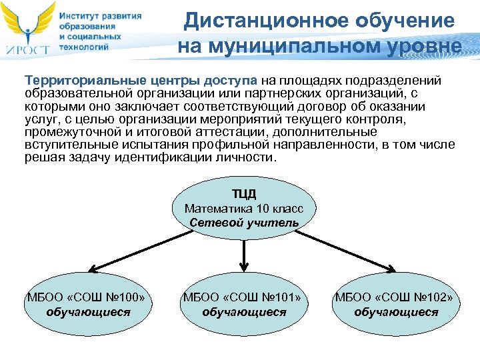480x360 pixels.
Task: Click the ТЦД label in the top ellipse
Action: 243,194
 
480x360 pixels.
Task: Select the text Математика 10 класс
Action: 244,209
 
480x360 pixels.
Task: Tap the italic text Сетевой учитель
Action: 244,223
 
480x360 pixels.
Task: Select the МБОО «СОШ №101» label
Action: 243,297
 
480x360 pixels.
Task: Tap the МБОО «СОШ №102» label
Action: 396,297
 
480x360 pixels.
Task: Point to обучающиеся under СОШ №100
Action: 88,311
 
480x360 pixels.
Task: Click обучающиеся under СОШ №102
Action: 396,311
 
